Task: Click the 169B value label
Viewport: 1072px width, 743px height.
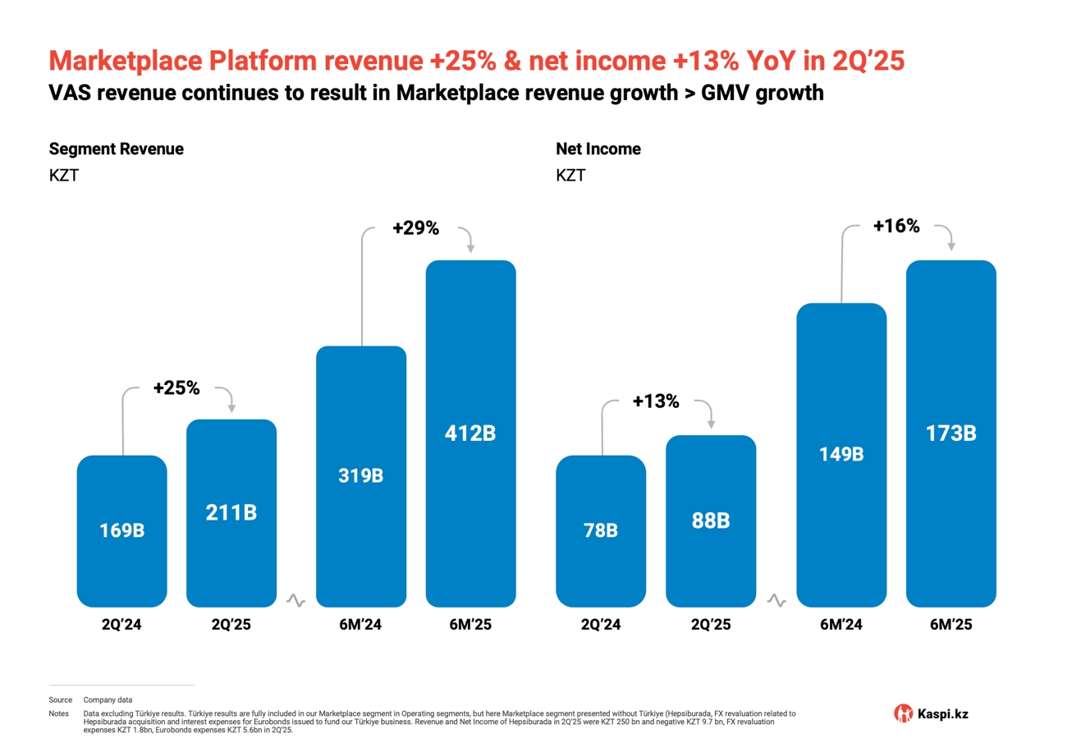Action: (x=121, y=530)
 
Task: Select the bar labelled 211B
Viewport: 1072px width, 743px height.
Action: (x=231, y=513)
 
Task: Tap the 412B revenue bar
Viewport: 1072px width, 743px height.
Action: (x=470, y=433)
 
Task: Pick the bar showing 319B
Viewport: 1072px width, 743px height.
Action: (x=361, y=476)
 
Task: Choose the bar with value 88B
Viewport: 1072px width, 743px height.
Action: (x=710, y=521)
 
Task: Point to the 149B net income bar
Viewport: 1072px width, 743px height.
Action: (x=841, y=455)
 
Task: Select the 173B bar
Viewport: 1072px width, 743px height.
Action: (x=951, y=433)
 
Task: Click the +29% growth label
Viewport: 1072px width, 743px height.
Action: (x=415, y=229)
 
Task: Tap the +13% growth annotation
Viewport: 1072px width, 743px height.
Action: (x=656, y=401)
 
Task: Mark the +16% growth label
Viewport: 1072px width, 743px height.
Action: (x=896, y=227)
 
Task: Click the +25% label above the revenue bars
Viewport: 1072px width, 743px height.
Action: (x=176, y=388)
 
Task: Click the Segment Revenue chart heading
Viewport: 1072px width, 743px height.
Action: (x=116, y=149)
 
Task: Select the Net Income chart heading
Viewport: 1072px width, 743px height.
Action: (x=598, y=149)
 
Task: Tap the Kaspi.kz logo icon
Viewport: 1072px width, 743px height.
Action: (x=903, y=713)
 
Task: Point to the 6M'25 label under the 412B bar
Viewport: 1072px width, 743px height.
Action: (x=470, y=625)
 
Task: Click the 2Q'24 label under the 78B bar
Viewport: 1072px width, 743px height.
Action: (x=601, y=625)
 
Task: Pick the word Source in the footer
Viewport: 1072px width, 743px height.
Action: (x=61, y=699)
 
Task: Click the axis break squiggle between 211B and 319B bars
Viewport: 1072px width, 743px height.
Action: (x=295, y=601)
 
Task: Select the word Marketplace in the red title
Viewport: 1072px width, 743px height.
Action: (x=126, y=61)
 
